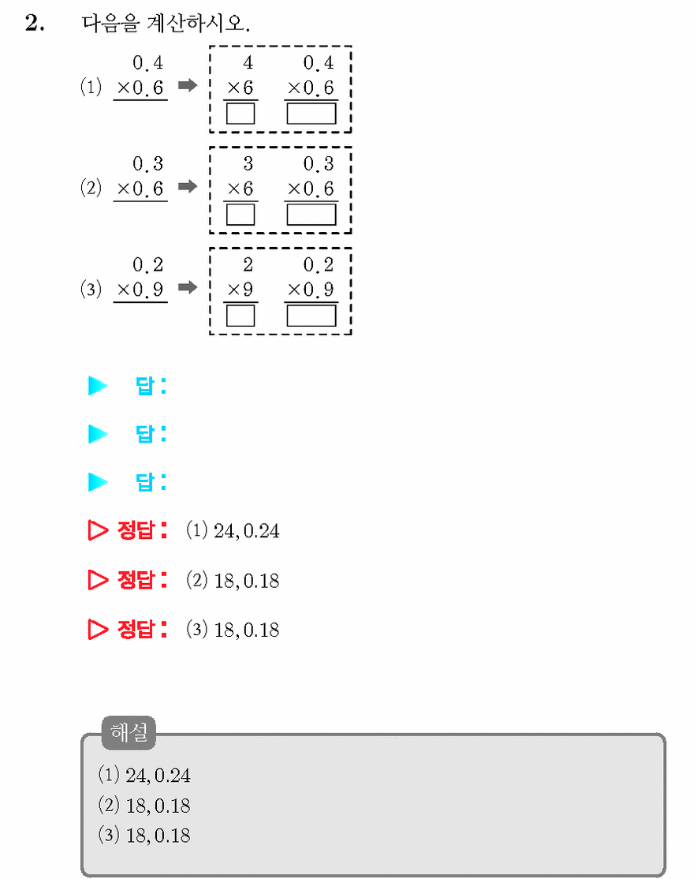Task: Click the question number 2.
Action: pyautogui.click(x=35, y=23)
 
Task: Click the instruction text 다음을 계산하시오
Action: pyautogui.click(x=166, y=23)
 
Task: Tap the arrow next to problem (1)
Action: pyautogui.click(x=188, y=85)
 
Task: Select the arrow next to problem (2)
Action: pyautogui.click(x=188, y=186)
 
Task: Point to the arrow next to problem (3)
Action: pyautogui.click(x=188, y=287)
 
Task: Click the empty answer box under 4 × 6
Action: pyautogui.click(x=240, y=114)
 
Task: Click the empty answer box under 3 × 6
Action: pyautogui.click(x=240, y=214)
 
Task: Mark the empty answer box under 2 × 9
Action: pyautogui.click(x=240, y=315)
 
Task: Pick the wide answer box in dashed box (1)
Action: pyautogui.click(x=311, y=114)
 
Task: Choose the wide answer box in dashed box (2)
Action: pyautogui.click(x=311, y=214)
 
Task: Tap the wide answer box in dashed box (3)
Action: pyautogui.click(x=311, y=315)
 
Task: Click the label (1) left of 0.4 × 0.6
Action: pyautogui.click(x=91, y=87)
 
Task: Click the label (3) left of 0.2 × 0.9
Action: pyautogui.click(x=91, y=289)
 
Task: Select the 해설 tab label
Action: pyautogui.click(x=129, y=733)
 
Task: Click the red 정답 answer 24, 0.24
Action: pyautogui.click(x=247, y=531)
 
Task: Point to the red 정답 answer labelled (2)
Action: pyautogui.click(x=233, y=580)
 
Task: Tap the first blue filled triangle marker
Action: pyautogui.click(x=98, y=386)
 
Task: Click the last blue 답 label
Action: pyautogui.click(x=151, y=482)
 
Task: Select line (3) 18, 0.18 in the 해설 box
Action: pyautogui.click(x=144, y=836)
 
